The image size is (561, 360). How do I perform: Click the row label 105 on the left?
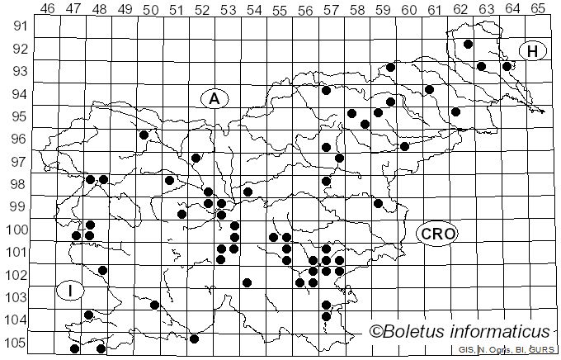tap(16, 343)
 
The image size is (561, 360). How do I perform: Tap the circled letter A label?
tap(214, 99)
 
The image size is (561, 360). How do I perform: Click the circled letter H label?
tap(533, 51)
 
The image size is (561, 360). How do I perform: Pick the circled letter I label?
tap(70, 291)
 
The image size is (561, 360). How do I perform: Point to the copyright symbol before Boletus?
tap(377, 332)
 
